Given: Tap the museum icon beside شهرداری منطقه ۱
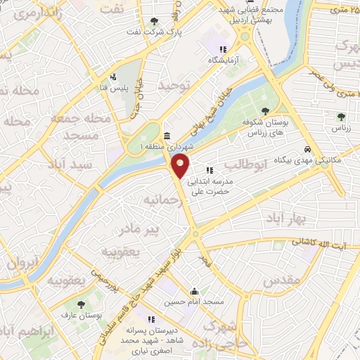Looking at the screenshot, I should coord(167,136).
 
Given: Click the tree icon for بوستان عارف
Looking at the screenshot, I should coord(82,304).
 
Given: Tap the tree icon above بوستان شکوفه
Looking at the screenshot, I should coord(265,111).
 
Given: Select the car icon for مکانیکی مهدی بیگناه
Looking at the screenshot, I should coord(308,149).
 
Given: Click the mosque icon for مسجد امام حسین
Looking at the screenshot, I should coord(194,291).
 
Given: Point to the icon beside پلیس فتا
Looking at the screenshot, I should coord(112,77).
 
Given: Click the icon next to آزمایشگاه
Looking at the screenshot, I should coord(222,50).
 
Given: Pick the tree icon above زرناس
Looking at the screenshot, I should coord(341,117).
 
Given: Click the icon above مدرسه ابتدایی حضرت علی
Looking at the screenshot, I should coord(210,170).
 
